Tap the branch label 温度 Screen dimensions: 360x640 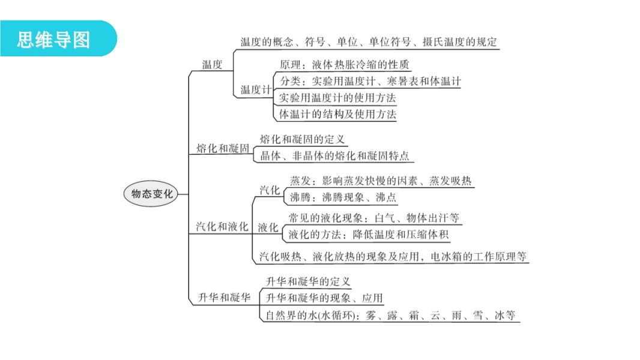coord(212,65)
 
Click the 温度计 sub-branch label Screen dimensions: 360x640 coord(256,90)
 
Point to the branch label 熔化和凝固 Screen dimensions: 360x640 coord(223,148)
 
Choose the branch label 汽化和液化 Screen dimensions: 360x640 coord(222,226)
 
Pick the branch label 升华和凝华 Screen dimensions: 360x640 coord(224,297)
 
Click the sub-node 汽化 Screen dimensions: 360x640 coord(270,190)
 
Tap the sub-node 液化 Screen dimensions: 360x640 coord(268,227)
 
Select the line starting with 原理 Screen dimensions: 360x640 coord(345,65)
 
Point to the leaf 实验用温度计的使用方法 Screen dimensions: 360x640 coord(337,97)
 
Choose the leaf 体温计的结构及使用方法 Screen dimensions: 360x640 coord(337,113)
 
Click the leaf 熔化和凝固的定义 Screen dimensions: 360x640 coord(302,139)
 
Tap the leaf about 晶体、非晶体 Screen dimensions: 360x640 coord(334,155)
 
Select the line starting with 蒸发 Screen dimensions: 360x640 coord(381,181)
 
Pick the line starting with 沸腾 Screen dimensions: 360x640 coord(342,197)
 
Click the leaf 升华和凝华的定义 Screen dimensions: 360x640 coord(307,281)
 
